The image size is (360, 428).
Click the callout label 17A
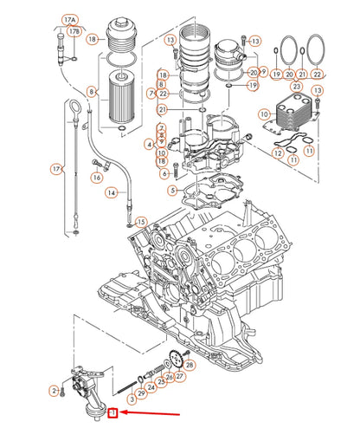tap(68, 18)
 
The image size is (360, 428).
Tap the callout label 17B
tap(74, 32)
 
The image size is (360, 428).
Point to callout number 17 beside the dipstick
tap(57, 169)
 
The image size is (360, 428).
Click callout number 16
tap(97, 177)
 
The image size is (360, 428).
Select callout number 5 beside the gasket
tap(171, 190)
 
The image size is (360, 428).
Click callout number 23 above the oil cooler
tap(296, 87)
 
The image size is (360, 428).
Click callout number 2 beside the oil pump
tap(53, 392)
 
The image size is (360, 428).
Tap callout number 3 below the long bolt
tap(131, 399)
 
